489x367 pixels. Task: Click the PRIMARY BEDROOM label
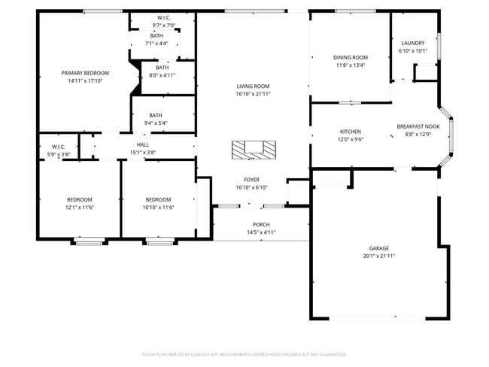click(x=85, y=73)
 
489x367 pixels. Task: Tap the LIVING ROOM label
click(x=253, y=86)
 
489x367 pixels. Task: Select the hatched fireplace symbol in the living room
click(x=253, y=150)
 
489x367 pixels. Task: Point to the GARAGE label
click(x=378, y=248)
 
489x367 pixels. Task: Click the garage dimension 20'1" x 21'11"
click(x=378, y=256)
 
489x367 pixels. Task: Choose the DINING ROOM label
click(x=350, y=57)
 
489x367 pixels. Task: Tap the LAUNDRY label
click(x=412, y=44)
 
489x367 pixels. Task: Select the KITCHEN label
click(x=350, y=131)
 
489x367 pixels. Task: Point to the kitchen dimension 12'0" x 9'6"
click(x=350, y=138)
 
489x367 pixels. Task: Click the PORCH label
click(x=260, y=225)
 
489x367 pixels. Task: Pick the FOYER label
click(x=252, y=180)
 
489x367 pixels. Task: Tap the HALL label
click(x=142, y=144)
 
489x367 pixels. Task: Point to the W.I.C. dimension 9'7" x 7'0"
click(x=163, y=25)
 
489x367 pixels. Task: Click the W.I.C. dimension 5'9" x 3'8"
click(x=59, y=153)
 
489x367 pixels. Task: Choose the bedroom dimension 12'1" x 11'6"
click(x=79, y=207)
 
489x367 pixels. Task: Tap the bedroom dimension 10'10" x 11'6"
click(x=159, y=207)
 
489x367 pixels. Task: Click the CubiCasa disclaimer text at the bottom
click(x=244, y=354)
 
